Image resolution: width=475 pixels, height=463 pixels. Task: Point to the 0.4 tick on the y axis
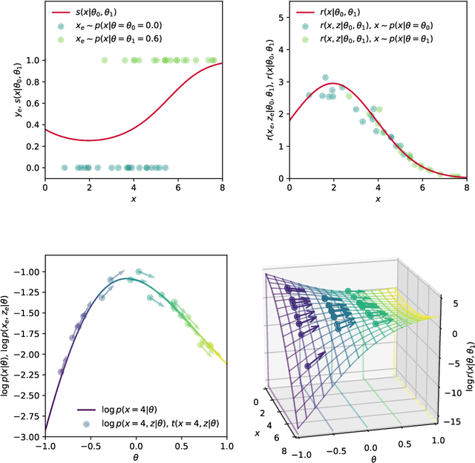31,125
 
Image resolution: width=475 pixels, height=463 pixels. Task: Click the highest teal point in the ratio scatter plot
324,77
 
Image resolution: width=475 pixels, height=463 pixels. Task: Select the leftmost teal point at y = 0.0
64,168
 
